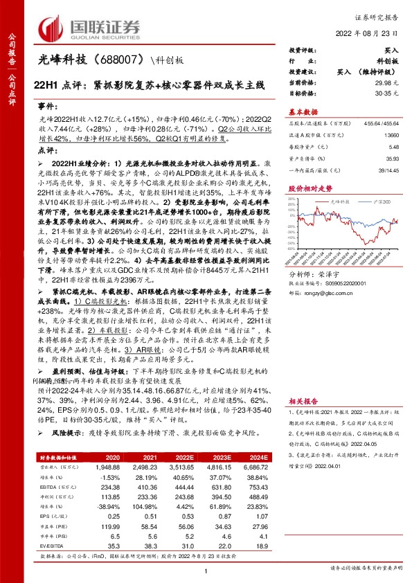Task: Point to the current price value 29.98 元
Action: click(x=391, y=82)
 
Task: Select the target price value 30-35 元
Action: click(x=391, y=91)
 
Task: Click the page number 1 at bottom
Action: click(x=206, y=571)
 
